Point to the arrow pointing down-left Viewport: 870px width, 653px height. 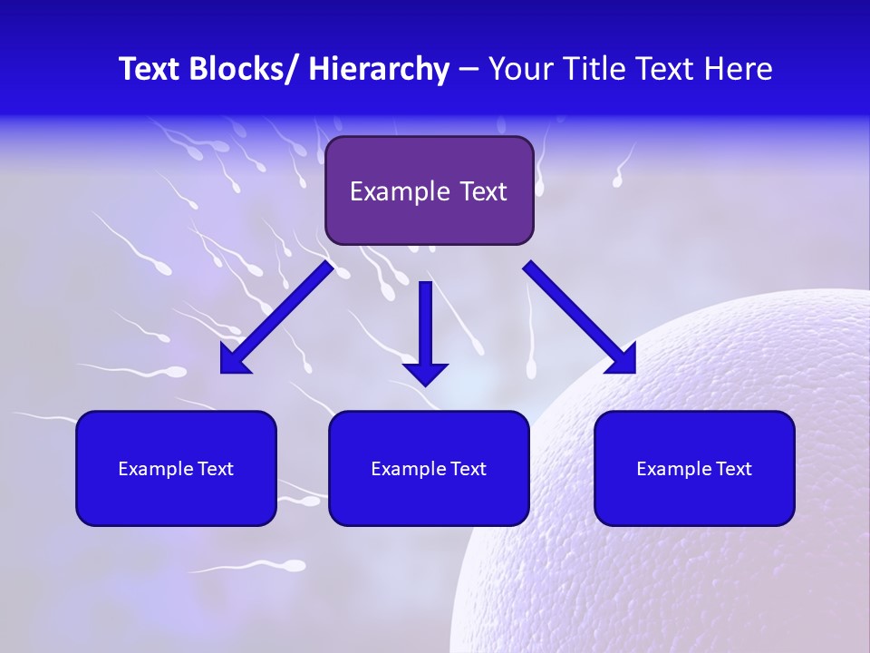click(x=277, y=317)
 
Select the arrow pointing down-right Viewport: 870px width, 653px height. click(x=580, y=317)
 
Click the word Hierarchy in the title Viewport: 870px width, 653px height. click(x=379, y=69)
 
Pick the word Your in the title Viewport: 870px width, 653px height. click(x=519, y=69)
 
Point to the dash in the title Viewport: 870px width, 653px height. click(x=469, y=69)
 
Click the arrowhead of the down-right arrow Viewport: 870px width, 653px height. click(x=622, y=359)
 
